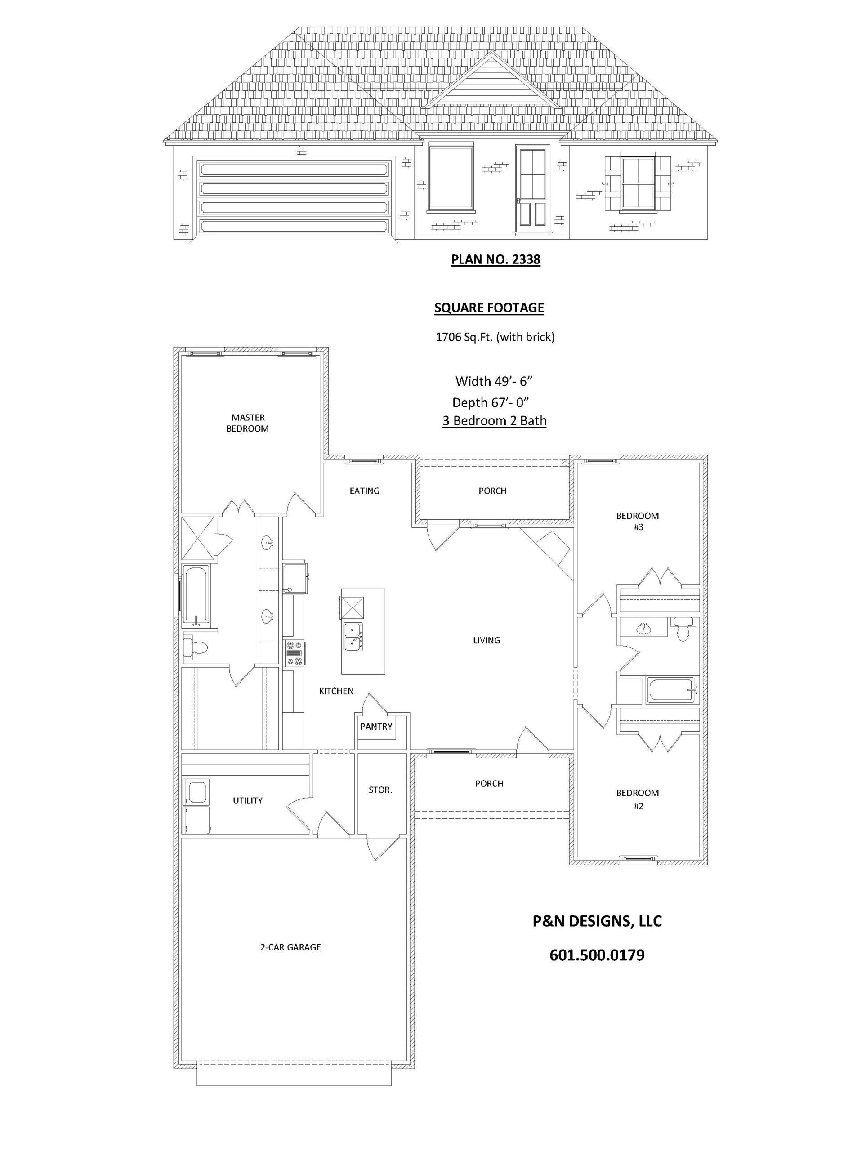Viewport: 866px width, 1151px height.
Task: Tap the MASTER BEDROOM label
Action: click(x=247, y=423)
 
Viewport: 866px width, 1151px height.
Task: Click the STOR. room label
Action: click(x=380, y=790)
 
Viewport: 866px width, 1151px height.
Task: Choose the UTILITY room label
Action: click(x=248, y=800)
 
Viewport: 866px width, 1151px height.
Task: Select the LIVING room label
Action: click(x=487, y=640)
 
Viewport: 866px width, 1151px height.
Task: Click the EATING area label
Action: click(x=364, y=491)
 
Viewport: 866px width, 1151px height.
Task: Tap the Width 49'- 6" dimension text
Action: click(x=495, y=381)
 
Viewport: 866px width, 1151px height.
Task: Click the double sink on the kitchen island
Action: click(x=353, y=636)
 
